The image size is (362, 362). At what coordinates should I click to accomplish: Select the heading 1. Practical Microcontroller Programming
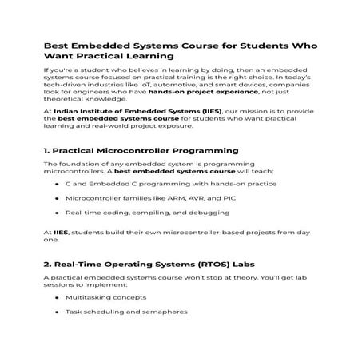pyautogui.click(x=129, y=150)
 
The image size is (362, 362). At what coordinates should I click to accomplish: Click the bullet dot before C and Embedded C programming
pyautogui.click(x=57, y=184)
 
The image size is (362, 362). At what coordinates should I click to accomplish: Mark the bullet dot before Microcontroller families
pyautogui.click(x=57, y=198)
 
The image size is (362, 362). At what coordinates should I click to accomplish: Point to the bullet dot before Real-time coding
pyautogui.click(x=57, y=213)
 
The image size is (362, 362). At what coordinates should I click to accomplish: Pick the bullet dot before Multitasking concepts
pyautogui.click(x=57, y=297)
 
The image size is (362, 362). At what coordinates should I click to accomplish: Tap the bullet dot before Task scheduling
pyautogui.click(x=57, y=312)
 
